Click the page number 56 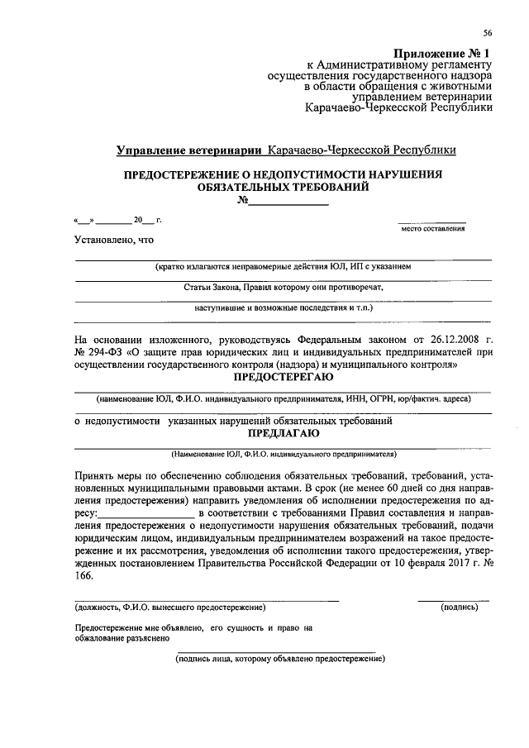[x=488, y=33]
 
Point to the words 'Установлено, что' [x=113, y=240]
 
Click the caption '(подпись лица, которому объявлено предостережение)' [x=280, y=660]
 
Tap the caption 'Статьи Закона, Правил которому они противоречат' [x=284, y=287]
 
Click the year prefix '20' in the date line [x=138, y=220]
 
